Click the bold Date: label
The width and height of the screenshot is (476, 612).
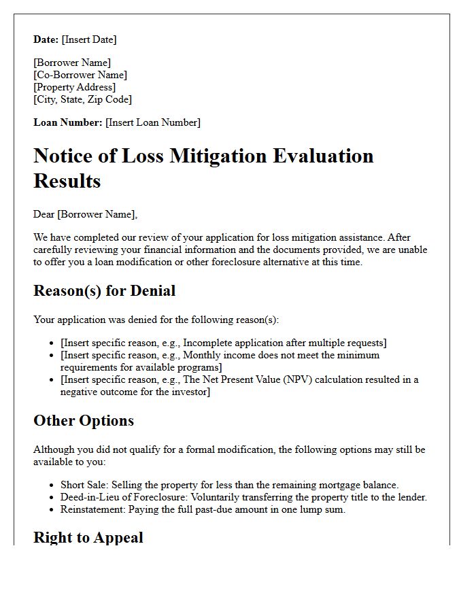(46, 39)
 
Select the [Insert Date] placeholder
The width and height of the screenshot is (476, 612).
(89, 39)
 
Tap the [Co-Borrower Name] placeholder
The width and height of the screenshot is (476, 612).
(80, 75)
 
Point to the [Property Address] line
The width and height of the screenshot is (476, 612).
(75, 87)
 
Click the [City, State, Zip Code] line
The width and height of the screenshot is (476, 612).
(82, 99)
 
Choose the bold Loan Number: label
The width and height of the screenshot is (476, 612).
(68, 122)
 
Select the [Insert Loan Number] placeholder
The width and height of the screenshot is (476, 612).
(153, 122)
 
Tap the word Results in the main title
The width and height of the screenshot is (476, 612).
(67, 181)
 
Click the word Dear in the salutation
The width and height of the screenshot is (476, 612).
(44, 214)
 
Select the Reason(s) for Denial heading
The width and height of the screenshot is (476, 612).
(104, 291)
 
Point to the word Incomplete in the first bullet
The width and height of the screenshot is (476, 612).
(208, 343)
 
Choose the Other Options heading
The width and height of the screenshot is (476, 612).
(84, 421)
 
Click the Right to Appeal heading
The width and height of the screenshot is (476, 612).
(88, 538)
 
